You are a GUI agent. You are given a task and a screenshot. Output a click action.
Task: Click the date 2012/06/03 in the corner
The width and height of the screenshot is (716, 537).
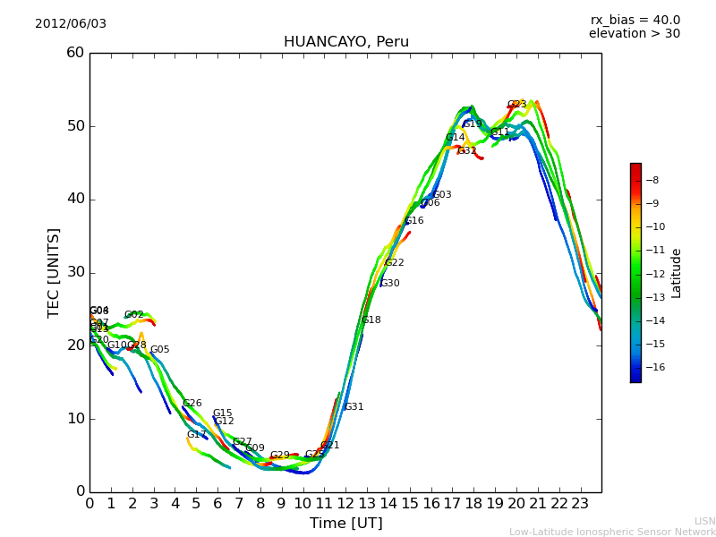[71, 23]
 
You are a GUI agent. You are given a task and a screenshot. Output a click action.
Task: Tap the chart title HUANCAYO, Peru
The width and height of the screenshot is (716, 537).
[346, 42]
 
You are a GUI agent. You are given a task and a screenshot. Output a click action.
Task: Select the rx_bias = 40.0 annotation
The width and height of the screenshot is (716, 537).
[635, 20]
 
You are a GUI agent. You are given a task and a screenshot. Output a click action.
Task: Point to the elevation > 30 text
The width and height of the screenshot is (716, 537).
[635, 34]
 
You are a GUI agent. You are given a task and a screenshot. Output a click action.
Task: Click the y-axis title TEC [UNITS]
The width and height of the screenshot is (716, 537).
[54, 272]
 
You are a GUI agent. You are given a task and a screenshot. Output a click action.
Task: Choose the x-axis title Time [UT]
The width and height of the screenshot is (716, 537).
[345, 523]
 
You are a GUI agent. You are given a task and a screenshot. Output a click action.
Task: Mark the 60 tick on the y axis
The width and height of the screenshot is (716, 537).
[75, 53]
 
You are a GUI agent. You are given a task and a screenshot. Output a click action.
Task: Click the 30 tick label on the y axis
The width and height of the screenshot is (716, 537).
[75, 272]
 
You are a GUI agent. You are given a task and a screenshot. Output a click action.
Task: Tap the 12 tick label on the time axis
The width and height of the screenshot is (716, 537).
[345, 504]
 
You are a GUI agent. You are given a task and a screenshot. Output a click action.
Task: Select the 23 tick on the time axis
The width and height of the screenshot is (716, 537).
[580, 504]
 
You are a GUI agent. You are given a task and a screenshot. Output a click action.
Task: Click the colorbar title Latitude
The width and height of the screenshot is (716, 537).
[677, 273]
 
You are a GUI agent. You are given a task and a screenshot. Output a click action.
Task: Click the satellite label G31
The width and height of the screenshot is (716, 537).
[354, 407]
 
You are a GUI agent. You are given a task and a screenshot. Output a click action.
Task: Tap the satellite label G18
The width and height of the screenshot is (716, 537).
[371, 320]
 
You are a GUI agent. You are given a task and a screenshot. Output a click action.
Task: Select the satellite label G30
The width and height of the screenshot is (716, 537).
[389, 284]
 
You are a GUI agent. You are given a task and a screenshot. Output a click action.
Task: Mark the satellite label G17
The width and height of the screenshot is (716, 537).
[197, 435]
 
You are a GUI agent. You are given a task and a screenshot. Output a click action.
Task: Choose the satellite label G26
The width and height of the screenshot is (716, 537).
[192, 404]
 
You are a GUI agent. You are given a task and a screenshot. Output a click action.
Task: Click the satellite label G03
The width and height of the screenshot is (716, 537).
[442, 195]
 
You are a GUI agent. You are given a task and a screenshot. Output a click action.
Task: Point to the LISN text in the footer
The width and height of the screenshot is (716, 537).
[704, 521]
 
